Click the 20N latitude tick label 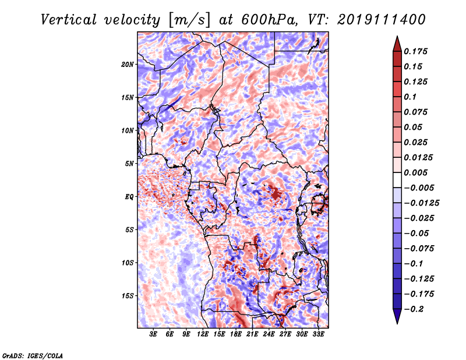(128, 65)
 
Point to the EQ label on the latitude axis (129, 197)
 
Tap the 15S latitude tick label (128, 296)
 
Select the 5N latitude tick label (129, 164)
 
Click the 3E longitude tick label (153, 334)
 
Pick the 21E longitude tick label (252, 334)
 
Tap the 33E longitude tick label (318, 334)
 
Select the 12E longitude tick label (202, 334)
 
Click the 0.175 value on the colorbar (415, 51)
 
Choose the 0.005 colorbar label (415, 172)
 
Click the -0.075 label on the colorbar (419, 249)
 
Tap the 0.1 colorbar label (410, 97)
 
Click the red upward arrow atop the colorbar (397, 44)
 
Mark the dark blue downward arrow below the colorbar (397, 316)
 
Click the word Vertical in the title (68, 20)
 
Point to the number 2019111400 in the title (382, 20)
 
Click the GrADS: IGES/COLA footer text (33, 356)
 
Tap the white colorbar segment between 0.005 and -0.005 (397, 180)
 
